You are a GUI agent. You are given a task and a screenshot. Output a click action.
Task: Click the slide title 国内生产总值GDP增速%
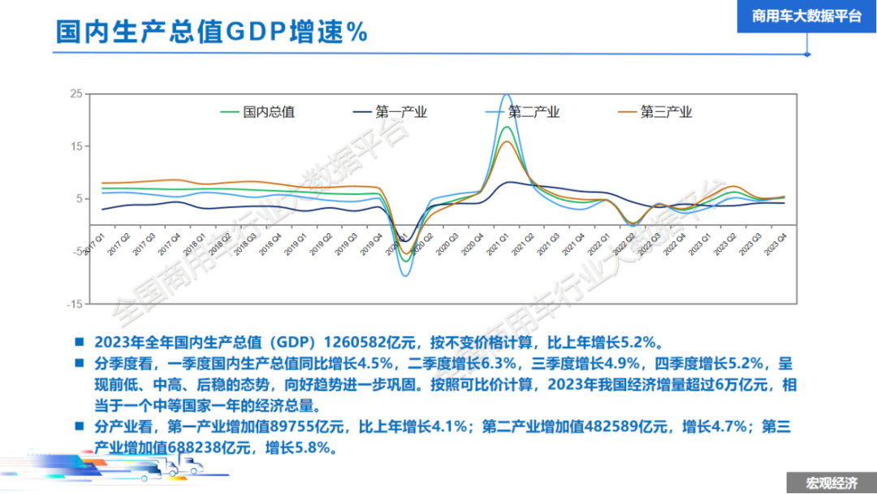(x=212, y=32)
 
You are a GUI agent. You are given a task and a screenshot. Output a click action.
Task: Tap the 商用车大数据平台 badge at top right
(x=806, y=16)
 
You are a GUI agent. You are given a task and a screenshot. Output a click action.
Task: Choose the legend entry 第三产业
(x=666, y=112)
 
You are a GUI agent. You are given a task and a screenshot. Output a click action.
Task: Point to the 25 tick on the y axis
(x=76, y=94)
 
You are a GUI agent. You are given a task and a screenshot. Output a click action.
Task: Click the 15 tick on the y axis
(x=76, y=146)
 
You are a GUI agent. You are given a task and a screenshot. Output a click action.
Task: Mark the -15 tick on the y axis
(x=74, y=304)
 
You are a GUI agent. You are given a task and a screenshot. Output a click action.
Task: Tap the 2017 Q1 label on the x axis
(x=96, y=241)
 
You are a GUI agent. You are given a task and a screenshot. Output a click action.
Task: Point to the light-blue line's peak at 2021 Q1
(x=507, y=95)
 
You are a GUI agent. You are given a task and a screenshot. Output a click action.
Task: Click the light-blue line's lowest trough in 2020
(x=405, y=275)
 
